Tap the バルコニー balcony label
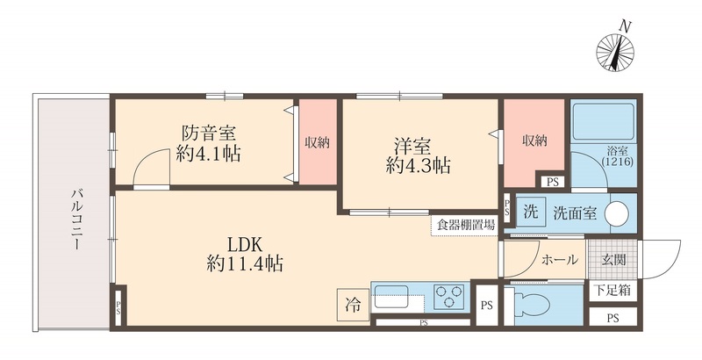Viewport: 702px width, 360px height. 76,220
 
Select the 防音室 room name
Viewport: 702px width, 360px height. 209,134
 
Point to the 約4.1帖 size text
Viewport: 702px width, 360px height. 208,155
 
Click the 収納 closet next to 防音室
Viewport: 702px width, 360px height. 317,142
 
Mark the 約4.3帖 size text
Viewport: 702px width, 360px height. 418,165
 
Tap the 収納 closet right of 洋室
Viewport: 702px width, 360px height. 533,141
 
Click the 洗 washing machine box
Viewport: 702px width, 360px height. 529,212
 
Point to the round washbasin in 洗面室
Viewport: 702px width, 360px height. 618,213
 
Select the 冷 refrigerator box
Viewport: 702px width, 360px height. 352,306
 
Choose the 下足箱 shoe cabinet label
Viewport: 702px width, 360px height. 612,289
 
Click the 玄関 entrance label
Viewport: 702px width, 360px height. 612,260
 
